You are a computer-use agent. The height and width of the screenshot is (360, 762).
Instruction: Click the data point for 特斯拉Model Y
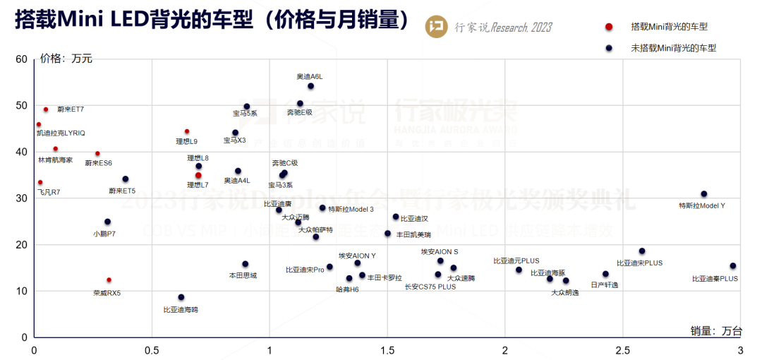click(x=703, y=194)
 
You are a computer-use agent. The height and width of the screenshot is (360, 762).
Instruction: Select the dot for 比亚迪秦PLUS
click(x=733, y=266)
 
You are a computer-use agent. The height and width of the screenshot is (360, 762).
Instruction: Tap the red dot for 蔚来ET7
click(x=46, y=109)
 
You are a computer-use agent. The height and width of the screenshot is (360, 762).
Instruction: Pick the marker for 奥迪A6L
click(x=310, y=86)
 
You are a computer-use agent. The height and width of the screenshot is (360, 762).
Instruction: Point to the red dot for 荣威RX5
click(x=109, y=280)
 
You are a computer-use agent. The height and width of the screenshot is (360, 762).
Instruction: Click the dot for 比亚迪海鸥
click(x=181, y=297)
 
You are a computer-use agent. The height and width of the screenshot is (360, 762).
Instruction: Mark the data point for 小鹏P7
click(x=107, y=222)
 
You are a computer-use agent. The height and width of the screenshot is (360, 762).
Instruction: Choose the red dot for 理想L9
click(x=187, y=131)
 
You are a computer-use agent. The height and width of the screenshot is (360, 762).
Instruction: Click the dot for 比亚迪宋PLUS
click(x=642, y=251)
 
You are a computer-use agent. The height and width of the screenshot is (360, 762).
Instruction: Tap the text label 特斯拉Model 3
click(x=351, y=209)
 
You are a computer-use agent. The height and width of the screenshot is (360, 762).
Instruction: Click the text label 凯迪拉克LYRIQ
click(x=61, y=133)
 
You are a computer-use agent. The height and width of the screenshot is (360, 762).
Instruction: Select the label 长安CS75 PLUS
click(x=430, y=287)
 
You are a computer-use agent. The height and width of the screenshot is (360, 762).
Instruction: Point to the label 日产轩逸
click(x=604, y=284)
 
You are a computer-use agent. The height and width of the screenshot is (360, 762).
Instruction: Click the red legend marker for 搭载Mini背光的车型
click(x=609, y=27)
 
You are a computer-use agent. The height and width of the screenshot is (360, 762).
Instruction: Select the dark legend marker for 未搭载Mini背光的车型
click(x=609, y=48)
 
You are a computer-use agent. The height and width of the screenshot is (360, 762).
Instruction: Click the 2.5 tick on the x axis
click(x=623, y=350)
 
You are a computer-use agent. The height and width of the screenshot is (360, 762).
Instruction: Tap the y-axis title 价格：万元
click(x=66, y=59)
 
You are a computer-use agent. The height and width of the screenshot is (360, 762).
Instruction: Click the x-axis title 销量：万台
click(x=717, y=330)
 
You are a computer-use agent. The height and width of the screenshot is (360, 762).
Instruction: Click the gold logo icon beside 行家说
click(x=437, y=26)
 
